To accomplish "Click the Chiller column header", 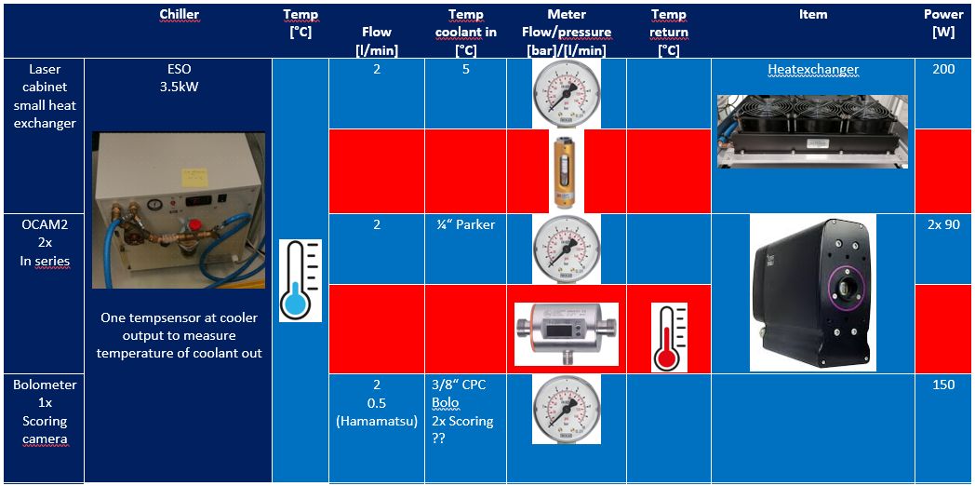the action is point(179,14).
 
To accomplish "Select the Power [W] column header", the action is point(944,23).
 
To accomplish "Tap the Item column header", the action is point(813,14).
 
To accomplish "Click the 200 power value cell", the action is point(944,70).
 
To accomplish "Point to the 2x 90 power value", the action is point(944,225).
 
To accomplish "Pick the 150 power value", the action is point(944,385).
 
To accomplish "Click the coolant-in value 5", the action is point(466,70).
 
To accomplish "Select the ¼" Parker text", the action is point(466,224).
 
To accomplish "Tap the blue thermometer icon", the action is point(301,280).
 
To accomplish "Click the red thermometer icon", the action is point(670,337).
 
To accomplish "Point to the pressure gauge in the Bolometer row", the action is point(566,409).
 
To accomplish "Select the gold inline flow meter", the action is point(566,172).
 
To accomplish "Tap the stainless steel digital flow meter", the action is point(566,333).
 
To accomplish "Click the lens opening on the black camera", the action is point(847,287).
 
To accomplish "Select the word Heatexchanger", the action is point(813,71).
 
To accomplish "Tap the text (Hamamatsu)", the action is point(376,421).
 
